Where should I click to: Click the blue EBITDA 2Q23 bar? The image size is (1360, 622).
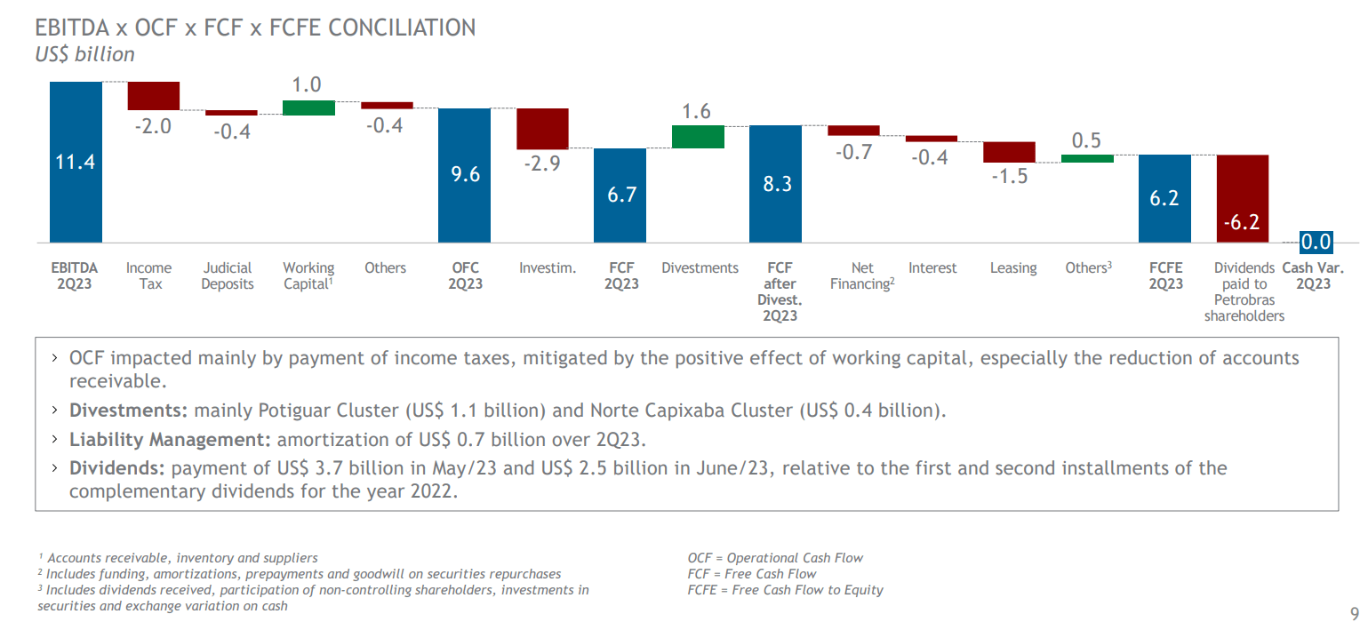click(76, 162)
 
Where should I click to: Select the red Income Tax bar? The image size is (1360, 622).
click(154, 95)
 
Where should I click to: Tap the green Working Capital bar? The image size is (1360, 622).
click(308, 108)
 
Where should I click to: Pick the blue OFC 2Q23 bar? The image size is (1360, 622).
click(465, 174)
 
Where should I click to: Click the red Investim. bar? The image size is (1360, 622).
click(542, 129)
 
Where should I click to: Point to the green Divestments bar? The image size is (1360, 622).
click(698, 136)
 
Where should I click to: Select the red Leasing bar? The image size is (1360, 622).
click(1009, 152)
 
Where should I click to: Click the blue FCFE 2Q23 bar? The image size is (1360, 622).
click(1164, 198)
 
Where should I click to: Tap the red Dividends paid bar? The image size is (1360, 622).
click(1242, 198)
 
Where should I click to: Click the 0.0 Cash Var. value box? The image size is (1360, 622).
click(1316, 242)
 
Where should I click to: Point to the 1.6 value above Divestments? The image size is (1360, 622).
click(697, 111)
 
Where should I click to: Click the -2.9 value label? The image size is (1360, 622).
click(541, 163)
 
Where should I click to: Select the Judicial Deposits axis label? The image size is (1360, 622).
click(228, 275)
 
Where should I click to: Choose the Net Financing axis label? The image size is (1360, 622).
click(861, 275)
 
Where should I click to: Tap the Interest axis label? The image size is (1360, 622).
click(932, 267)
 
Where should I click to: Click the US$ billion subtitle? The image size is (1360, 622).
click(84, 54)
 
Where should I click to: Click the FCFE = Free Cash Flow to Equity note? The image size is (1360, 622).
click(785, 589)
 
